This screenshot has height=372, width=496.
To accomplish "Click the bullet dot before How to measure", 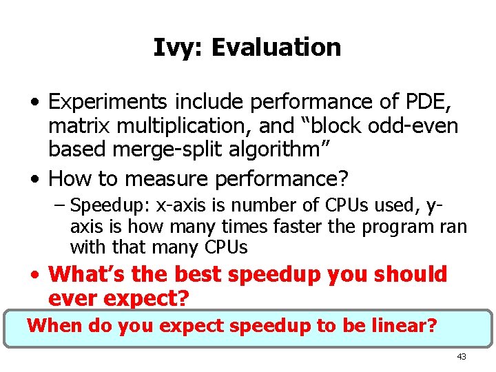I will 35,180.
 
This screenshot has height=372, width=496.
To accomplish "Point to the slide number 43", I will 461,357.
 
